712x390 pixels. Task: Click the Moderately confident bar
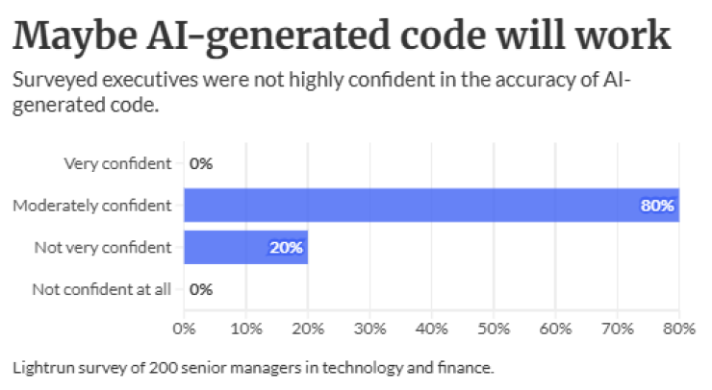coord(431,205)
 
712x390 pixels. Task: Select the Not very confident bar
coord(245,247)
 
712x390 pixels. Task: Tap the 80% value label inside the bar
coord(657,206)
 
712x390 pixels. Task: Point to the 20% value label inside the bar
coord(286,248)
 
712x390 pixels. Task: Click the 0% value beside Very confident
coord(201,163)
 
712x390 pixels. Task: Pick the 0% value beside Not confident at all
coord(201,289)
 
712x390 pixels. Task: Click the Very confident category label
coord(117,163)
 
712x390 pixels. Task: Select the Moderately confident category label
coord(92,206)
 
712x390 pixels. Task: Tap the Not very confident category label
coord(103,248)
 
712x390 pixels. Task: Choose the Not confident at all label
coord(102,289)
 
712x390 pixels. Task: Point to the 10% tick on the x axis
coord(246,329)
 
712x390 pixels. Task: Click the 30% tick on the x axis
coord(369,329)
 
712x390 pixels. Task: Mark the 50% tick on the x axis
coord(494,329)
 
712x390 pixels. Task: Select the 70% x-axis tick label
coord(618,329)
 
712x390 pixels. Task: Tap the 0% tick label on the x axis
coord(184,329)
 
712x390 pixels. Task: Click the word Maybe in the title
coord(75,37)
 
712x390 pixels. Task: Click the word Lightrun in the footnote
coord(43,367)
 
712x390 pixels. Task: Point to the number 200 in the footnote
coord(163,367)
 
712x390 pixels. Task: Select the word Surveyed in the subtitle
coord(55,81)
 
